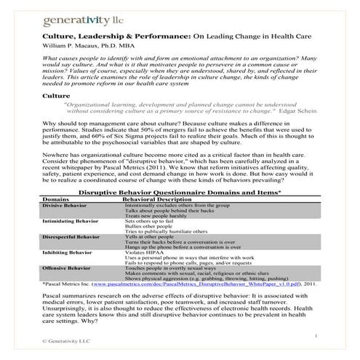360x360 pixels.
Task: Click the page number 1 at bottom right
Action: pos(315,335)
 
